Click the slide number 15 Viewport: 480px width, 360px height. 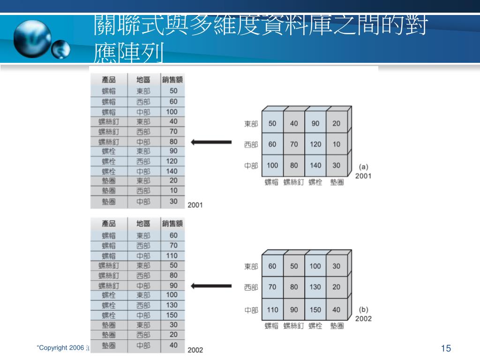[x=446, y=348]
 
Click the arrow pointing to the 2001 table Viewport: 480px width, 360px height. [x=211, y=142]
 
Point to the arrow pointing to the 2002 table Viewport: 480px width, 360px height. [x=211, y=285]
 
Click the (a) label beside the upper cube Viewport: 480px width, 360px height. [x=363, y=166]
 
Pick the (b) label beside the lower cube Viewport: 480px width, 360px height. [x=363, y=309]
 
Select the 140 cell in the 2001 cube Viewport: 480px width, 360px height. [x=315, y=165]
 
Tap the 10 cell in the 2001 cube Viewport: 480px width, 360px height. [x=337, y=144]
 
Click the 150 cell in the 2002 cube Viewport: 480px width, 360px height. [x=315, y=309]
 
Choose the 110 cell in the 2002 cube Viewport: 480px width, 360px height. [x=272, y=309]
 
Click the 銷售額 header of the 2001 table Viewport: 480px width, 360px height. [x=172, y=80]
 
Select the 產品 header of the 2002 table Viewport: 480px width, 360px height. [x=109, y=224]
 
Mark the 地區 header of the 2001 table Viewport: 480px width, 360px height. [x=143, y=80]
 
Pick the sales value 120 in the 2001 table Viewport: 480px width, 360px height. [x=172, y=161]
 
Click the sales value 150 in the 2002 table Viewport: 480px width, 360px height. [x=172, y=315]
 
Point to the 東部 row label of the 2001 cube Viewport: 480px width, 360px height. [x=251, y=124]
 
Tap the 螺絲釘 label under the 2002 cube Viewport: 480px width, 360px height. [x=294, y=326]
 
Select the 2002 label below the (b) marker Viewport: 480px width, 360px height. [x=363, y=319]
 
